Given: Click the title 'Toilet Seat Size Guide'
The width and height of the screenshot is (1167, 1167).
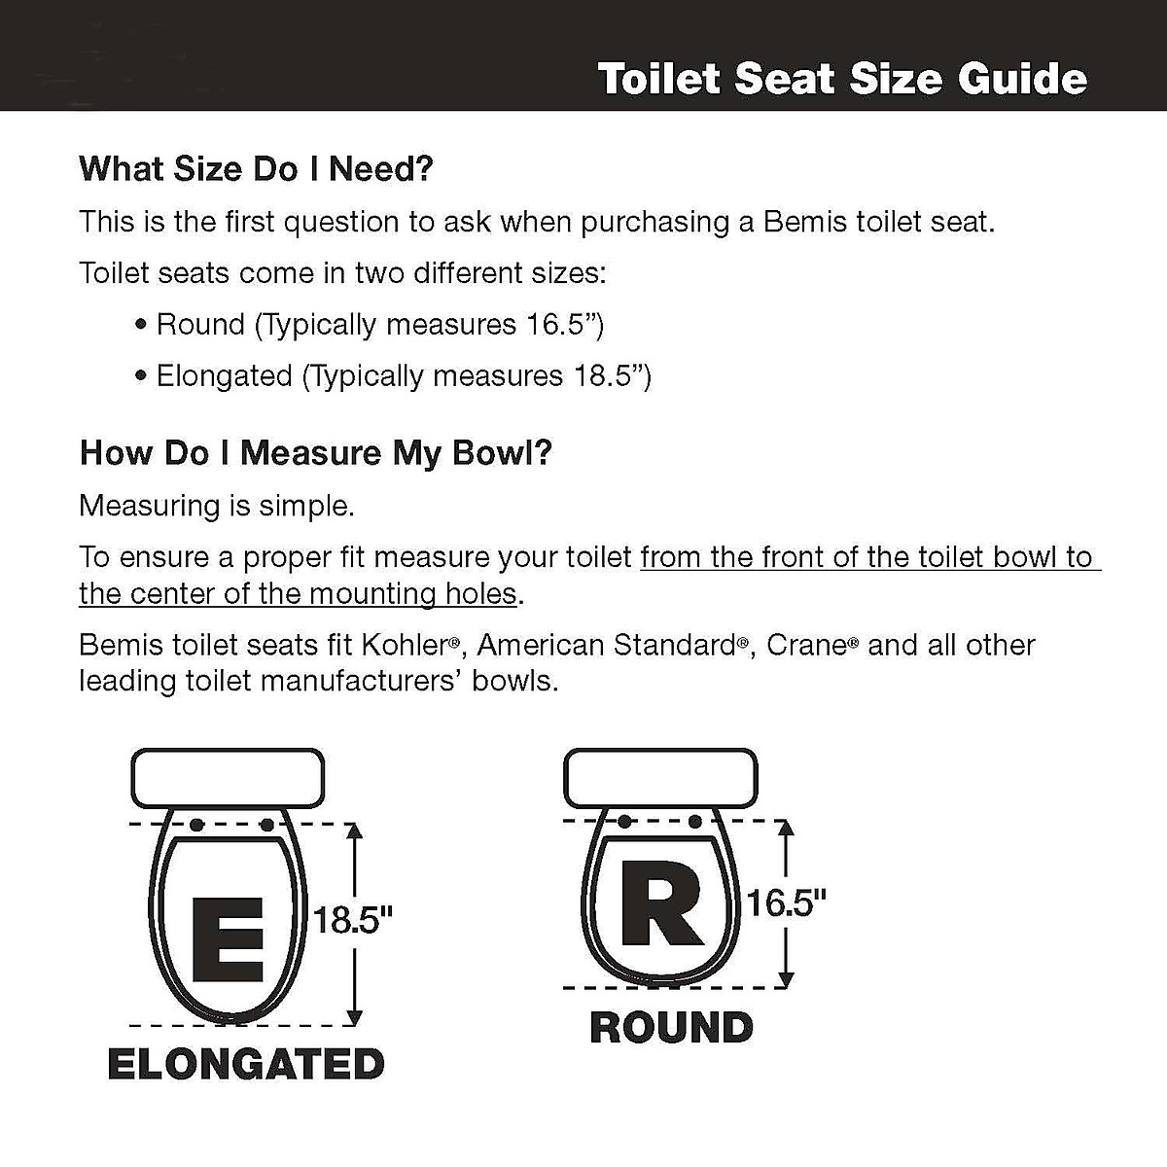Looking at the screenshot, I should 842,79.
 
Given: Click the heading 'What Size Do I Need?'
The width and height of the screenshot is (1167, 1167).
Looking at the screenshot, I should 256,169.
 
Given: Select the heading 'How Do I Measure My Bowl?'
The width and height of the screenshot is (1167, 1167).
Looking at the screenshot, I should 316,453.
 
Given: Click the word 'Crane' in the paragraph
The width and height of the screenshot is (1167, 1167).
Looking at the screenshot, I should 806,645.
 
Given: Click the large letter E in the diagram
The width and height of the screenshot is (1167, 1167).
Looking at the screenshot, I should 228,940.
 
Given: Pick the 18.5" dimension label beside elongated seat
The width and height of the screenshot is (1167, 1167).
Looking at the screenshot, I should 353,920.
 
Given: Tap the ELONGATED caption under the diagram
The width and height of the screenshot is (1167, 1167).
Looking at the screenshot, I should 246,1064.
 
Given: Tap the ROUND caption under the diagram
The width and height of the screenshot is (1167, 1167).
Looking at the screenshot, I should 671,1028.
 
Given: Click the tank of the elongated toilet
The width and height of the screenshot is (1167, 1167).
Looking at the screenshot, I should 228,778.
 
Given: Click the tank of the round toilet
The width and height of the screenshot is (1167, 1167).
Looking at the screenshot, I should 660,777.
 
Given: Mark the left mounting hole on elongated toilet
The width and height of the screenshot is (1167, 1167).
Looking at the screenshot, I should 195,825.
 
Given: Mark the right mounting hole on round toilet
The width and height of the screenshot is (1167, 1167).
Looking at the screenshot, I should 695,822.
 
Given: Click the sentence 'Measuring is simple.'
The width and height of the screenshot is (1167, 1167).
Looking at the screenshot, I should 217,506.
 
